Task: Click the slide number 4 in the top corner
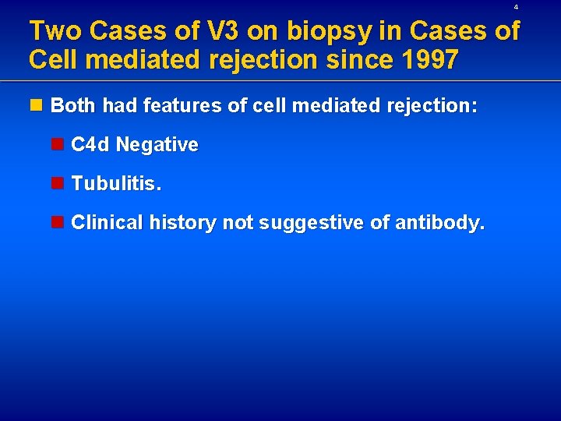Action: pyautogui.click(x=516, y=7)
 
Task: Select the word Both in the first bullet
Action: pyautogui.click(x=72, y=106)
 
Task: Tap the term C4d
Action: pyautogui.click(x=90, y=145)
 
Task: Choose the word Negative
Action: pyautogui.click(x=157, y=145)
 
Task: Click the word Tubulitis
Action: pyautogui.click(x=116, y=184)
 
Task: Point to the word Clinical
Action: pyautogui.click(x=108, y=223)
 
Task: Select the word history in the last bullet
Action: pyautogui.click(x=183, y=223)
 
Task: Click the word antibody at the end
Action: pyautogui.click(x=439, y=223)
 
